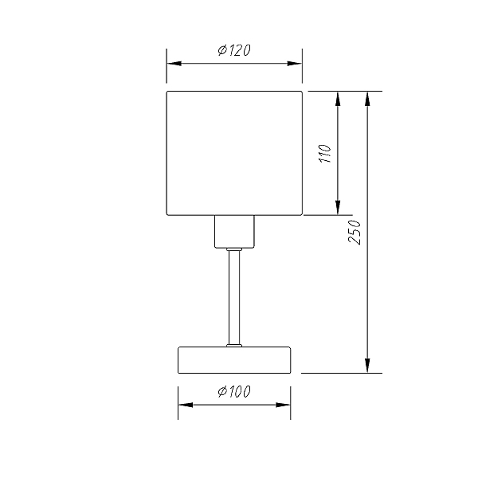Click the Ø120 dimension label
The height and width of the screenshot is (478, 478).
click(x=234, y=50)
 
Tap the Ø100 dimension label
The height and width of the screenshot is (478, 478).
click(x=234, y=392)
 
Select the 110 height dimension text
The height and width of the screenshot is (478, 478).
click(x=325, y=154)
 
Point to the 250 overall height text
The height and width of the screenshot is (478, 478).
click(x=355, y=233)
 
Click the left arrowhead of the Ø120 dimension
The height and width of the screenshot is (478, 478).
click(x=174, y=64)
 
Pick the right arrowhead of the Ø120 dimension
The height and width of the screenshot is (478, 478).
click(x=295, y=64)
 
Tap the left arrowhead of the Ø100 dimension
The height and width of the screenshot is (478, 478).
click(x=186, y=405)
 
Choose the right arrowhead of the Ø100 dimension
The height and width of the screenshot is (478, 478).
click(x=283, y=405)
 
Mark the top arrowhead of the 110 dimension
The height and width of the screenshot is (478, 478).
click(x=338, y=99)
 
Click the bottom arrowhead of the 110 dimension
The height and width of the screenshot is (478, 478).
click(x=338, y=208)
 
